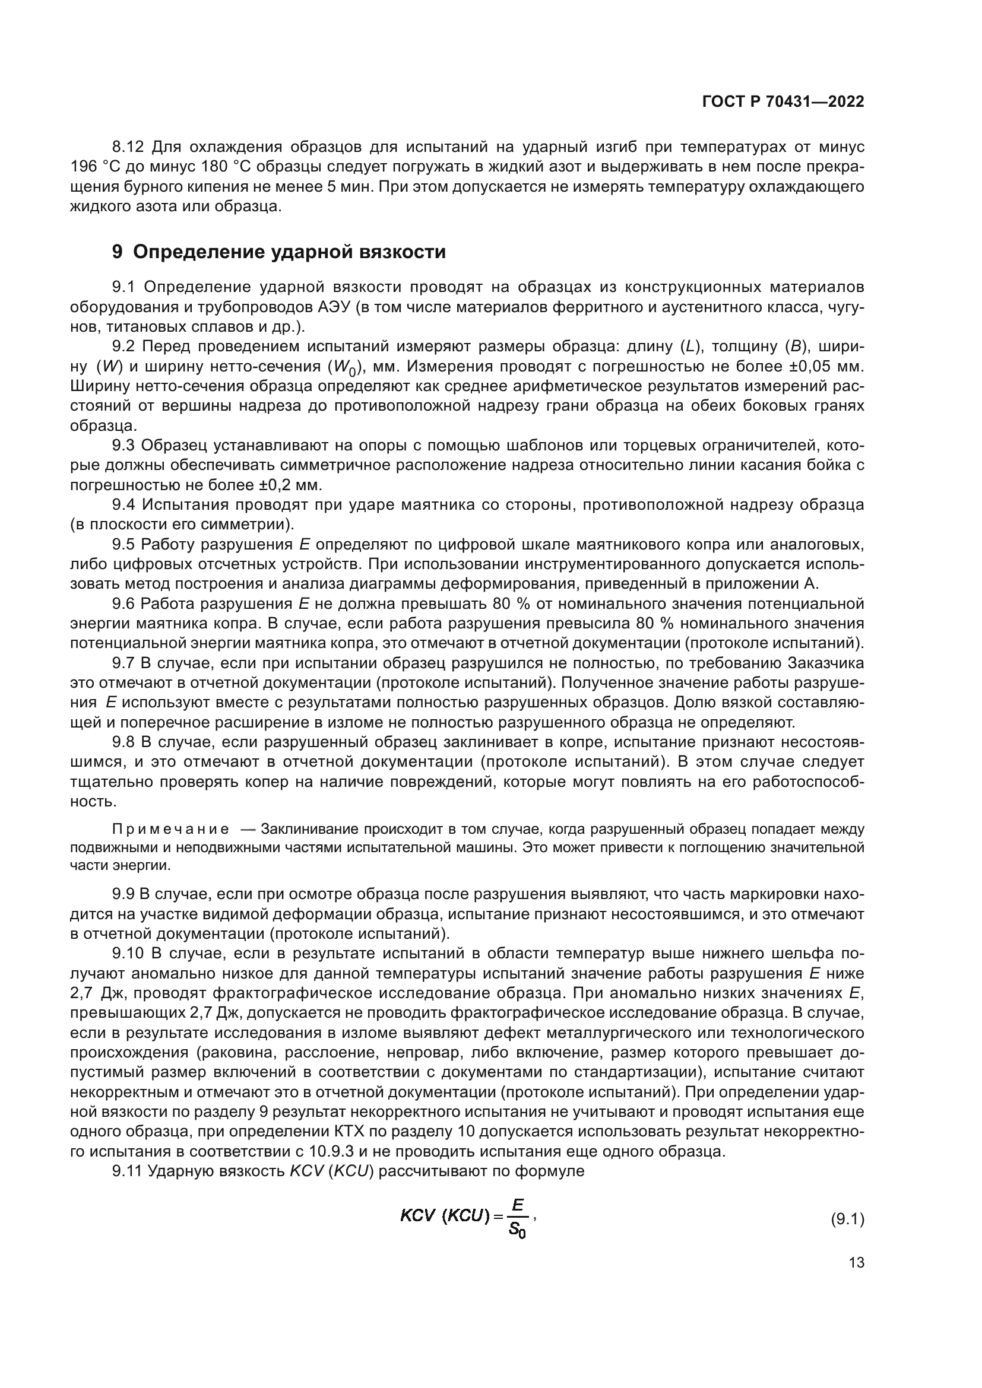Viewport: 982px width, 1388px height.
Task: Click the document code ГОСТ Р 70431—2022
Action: (783, 102)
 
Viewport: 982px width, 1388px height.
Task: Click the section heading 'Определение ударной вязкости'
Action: (289, 252)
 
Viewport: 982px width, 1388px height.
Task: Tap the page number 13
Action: (856, 1263)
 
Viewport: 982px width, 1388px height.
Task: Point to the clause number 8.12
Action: (128, 147)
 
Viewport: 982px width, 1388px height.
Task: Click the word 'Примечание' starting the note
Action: (170, 829)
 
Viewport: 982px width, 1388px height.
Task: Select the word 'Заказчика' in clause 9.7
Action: (826, 663)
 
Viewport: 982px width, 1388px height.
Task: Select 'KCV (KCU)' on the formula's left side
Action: (445, 1216)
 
